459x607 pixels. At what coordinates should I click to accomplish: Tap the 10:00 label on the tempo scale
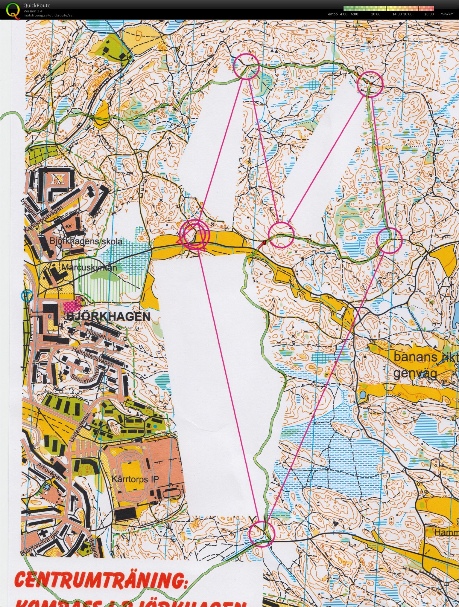pos(376,14)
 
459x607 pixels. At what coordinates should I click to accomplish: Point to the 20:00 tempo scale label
pos(429,14)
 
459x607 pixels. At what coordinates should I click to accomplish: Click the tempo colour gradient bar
pos(389,8)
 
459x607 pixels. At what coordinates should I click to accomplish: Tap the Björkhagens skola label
pos(86,241)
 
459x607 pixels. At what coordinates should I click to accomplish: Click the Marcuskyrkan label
pos(89,267)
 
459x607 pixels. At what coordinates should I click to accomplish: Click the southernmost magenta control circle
pos(262,534)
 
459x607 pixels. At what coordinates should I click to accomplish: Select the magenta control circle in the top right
pos(370,84)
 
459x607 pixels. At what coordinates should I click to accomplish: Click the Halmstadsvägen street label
pos(93,355)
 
